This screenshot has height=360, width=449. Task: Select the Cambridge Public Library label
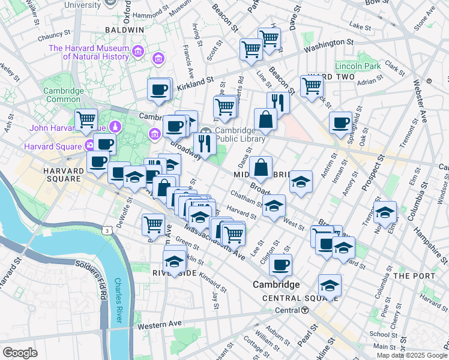[x=240, y=135]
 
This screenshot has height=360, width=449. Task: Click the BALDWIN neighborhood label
[x=124, y=29]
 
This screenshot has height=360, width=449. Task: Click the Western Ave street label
[x=159, y=325]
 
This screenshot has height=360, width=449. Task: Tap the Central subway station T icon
[x=305, y=310]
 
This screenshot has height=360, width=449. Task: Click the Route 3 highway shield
[x=106, y=230]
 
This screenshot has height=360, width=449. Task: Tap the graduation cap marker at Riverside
[x=174, y=262]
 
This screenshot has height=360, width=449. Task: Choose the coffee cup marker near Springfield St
[x=340, y=123]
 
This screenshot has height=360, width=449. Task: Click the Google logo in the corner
[x=20, y=353]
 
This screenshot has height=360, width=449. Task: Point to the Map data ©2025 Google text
[x=411, y=355]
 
